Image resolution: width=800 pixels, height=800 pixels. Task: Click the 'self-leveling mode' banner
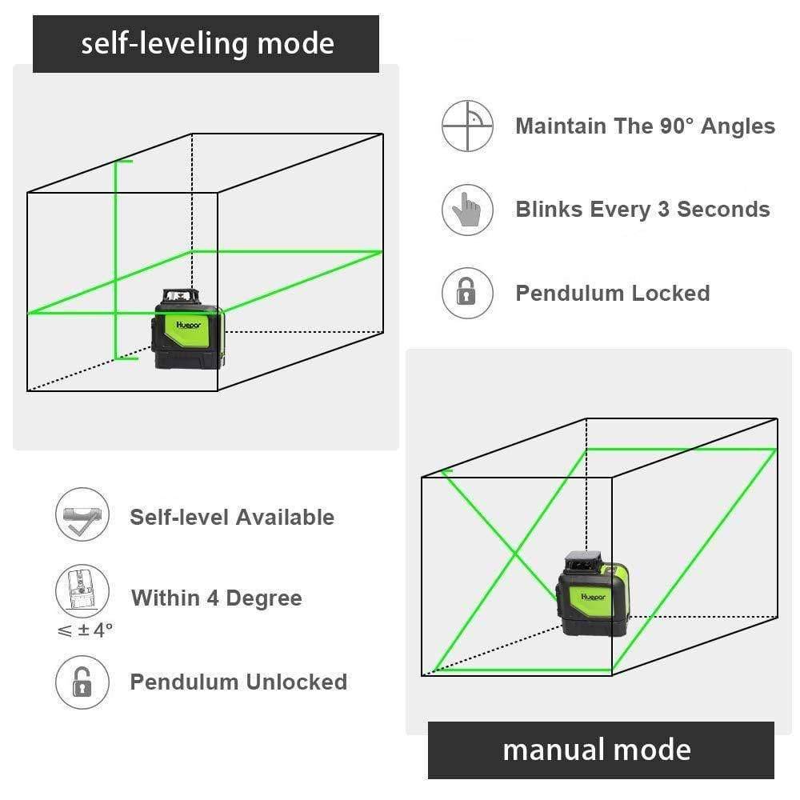click(206, 43)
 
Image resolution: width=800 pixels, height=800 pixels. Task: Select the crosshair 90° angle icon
click(467, 126)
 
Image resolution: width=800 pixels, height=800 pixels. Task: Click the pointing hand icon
click(467, 210)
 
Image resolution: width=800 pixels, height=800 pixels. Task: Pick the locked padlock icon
click(467, 293)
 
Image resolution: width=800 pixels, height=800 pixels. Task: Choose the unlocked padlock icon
click(81, 682)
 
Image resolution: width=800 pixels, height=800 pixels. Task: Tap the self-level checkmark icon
click(81, 516)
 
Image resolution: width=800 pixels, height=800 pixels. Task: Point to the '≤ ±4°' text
click(85, 630)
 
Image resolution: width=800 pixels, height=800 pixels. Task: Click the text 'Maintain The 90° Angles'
click(645, 126)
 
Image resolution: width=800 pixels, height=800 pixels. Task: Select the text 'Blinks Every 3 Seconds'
click(642, 210)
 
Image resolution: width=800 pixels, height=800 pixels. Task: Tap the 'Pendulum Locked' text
click(612, 294)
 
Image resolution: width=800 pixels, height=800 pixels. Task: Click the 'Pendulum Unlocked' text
click(238, 682)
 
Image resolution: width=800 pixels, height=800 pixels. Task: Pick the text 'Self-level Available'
click(232, 517)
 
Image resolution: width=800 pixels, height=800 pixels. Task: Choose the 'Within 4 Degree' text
click(216, 598)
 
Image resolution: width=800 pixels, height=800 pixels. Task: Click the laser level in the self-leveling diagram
click(189, 330)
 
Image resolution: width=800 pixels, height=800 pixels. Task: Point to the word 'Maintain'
click(560, 126)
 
